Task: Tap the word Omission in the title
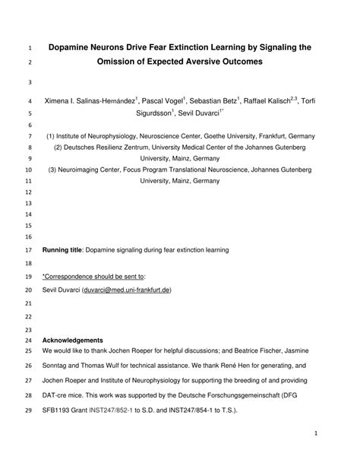click(x=122, y=62)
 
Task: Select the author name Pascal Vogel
click(x=165, y=101)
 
